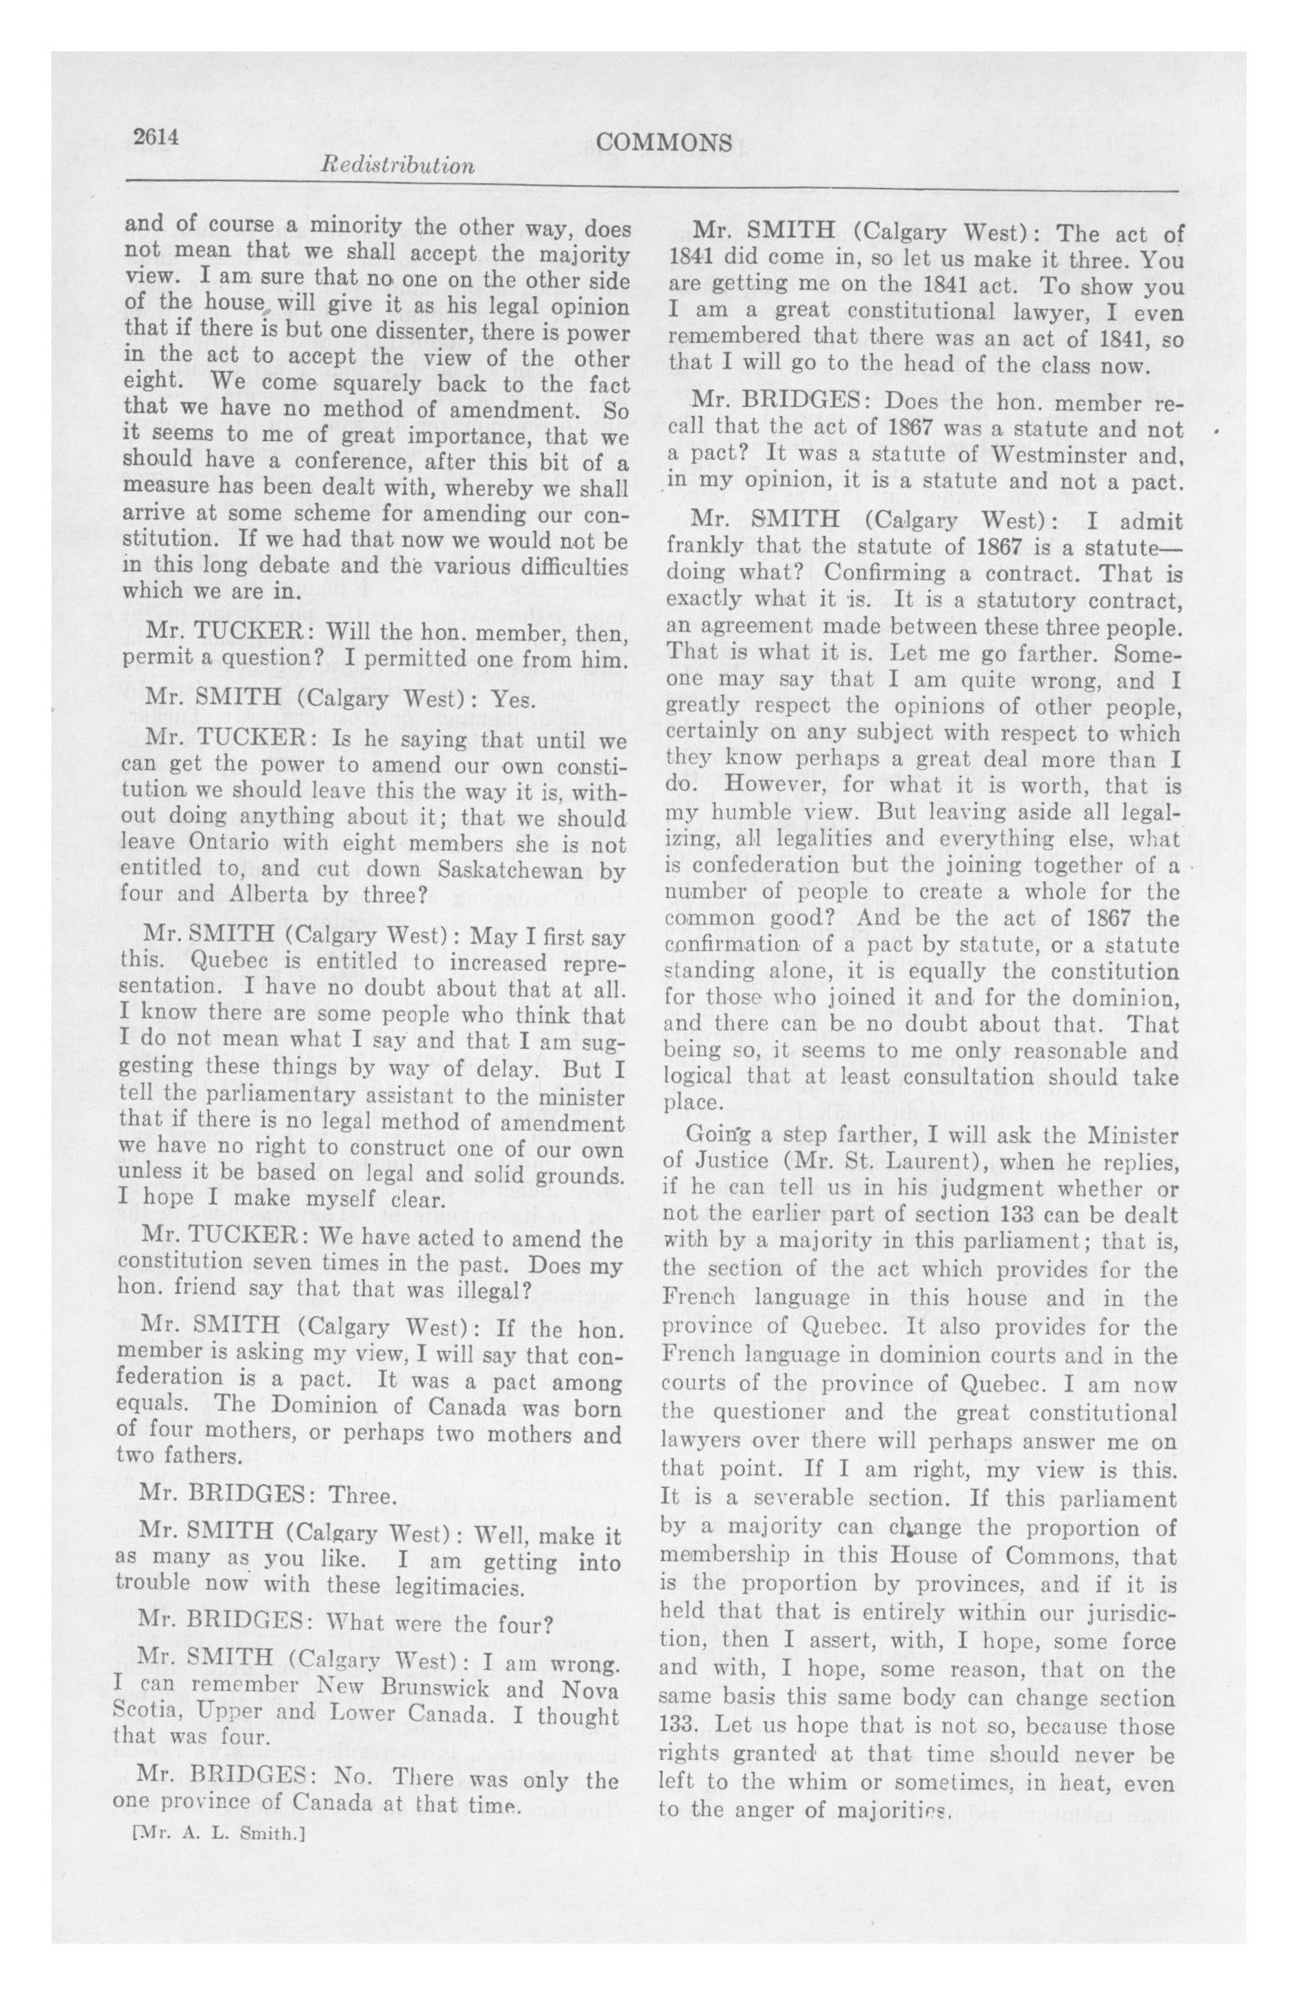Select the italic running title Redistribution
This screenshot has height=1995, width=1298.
tap(397, 165)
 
